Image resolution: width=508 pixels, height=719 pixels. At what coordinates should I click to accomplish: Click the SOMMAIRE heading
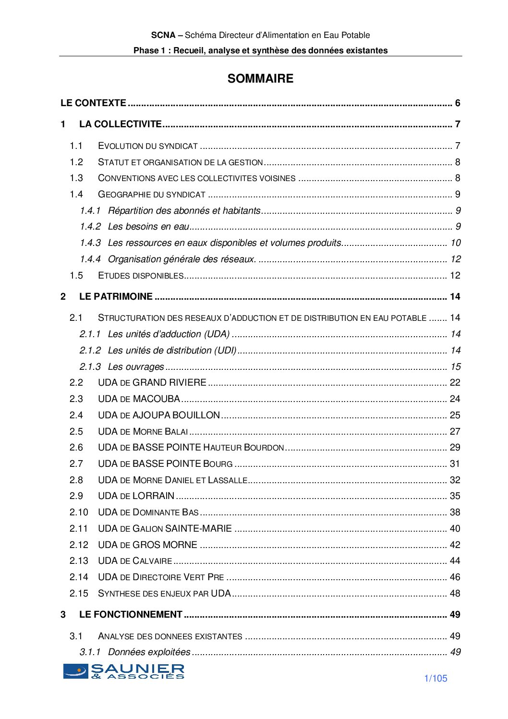pyautogui.click(x=260, y=79)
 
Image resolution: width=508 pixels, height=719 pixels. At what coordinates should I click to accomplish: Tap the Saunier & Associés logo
pyautogui.click(x=124, y=671)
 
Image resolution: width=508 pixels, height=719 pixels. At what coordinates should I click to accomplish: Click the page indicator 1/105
pyautogui.click(x=435, y=678)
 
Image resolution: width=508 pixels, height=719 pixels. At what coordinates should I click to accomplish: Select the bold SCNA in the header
pyautogui.click(x=163, y=35)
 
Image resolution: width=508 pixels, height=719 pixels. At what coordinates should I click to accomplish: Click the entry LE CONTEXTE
pyautogui.click(x=93, y=103)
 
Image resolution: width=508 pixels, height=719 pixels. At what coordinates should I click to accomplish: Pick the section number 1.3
pyautogui.click(x=76, y=178)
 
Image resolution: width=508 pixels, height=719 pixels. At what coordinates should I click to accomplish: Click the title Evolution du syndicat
pyautogui.click(x=148, y=146)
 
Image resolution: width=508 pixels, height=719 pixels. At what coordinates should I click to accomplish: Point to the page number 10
pyautogui.click(x=455, y=243)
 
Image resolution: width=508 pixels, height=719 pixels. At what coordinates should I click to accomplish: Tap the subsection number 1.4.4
pyautogui.click(x=90, y=259)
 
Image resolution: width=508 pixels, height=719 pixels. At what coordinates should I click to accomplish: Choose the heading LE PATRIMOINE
pyautogui.click(x=116, y=297)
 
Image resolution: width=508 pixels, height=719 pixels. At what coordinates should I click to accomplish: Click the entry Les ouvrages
pyautogui.click(x=136, y=367)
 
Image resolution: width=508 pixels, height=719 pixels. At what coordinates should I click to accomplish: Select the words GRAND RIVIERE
pyautogui.click(x=169, y=383)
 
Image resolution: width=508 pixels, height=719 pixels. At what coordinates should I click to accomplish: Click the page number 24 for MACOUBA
pyautogui.click(x=455, y=399)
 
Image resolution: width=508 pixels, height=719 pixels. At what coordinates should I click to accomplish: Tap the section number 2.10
pyautogui.click(x=79, y=512)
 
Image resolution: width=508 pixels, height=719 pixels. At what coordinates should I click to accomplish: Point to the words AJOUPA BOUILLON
pyautogui.click(x=176, y=415)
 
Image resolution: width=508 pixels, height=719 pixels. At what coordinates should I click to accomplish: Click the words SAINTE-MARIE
pyautogui.click(x=198, y=529)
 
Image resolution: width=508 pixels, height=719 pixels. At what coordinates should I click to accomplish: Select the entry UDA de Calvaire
pyautogui.click(x=135, y=561)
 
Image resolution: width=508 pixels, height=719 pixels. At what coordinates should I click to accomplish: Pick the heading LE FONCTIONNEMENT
pyautogui.click(x=131, y=615)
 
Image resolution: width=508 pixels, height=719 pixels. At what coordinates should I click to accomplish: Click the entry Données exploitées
pyautogui.click(x=149, y=652)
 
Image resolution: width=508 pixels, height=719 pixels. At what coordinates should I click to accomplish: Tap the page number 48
pyautogui.click(x=455, y=594)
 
